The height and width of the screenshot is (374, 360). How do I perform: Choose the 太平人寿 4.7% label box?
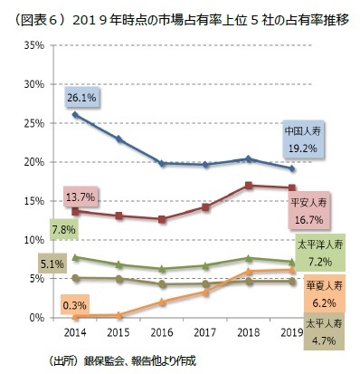pyautogui.click(x=323, y=332)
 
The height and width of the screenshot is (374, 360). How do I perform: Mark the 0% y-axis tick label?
pyautogui.click(x=37, y=318)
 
